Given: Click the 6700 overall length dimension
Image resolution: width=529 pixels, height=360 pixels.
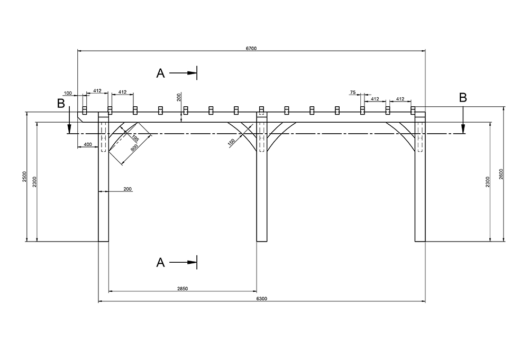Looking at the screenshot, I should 251,48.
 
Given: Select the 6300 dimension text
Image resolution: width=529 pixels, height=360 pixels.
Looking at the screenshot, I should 262,299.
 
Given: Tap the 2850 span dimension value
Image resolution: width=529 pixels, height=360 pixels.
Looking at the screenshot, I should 183,288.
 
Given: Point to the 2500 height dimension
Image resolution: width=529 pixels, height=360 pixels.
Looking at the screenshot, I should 24,177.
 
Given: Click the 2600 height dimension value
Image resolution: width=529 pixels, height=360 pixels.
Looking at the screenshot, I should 501,174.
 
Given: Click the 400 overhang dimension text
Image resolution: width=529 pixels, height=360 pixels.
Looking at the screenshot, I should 88,144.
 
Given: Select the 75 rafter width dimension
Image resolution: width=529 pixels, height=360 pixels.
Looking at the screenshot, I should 353,93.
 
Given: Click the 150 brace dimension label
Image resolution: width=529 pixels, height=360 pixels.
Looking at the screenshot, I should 232,143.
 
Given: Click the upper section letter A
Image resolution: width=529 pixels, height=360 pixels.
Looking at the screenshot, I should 161,73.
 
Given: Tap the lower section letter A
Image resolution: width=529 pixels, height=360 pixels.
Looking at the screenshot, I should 161,262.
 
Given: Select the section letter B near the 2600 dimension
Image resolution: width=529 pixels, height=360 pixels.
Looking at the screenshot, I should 463,98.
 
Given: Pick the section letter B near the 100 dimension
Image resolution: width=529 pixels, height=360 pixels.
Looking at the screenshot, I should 61,103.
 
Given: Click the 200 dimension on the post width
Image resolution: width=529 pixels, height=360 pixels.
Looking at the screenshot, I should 127,189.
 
